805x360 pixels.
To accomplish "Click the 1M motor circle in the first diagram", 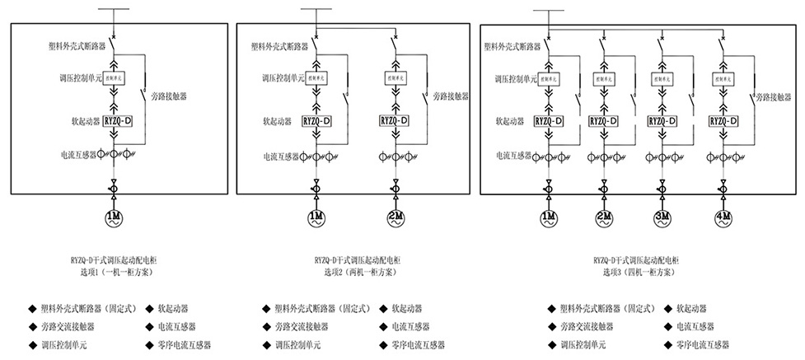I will tap(113, 218).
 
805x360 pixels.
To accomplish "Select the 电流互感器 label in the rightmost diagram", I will tap(512, 154).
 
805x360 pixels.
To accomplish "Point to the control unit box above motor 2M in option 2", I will tap(395, 78).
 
